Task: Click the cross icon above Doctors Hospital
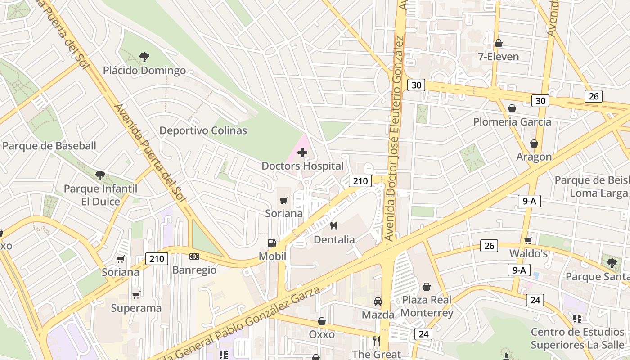(302, 153)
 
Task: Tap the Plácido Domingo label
(144, 71)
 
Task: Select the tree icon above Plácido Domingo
(144, 57)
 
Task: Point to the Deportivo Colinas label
(203, 130)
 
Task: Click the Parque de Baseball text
(49, 146)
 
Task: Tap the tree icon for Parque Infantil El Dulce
(100, 175)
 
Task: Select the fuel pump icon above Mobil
(272, 243)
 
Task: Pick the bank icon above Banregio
(194, 256)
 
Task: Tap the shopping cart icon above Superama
(136, 295)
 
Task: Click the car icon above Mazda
(378, 301)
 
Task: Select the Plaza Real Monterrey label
(427, 306)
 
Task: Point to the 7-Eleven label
(499, 57)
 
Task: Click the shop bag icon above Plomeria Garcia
(512, 108)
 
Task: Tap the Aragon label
(534, 157)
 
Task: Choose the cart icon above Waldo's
(528, 240)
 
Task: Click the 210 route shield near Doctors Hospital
(360, 181)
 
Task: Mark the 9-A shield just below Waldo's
(518, 270)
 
